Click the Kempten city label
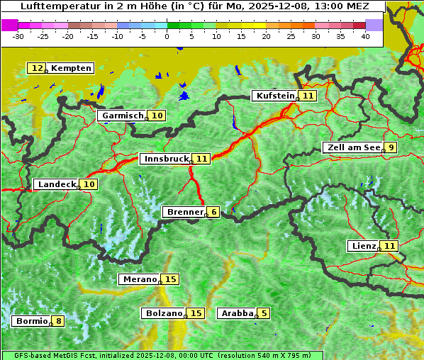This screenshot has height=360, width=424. [x=71, y=68]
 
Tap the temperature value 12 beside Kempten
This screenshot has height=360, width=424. [x=37, y=68]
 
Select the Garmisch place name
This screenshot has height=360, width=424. [x=123, y=116]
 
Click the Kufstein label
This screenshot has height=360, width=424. [x=274, y=96]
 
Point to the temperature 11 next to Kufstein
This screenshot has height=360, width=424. [x=308, y=96]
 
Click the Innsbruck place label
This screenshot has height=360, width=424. [x=164, y=159]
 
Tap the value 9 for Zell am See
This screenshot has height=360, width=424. [x=391, y=147]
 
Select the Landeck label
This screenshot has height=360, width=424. [x=56, y=184]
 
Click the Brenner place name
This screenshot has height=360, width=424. [x=184, y=212]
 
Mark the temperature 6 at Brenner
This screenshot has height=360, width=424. [x=213, y=212]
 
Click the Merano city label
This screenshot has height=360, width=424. [x=138, y=279]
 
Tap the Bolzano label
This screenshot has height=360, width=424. [x=164, y=313]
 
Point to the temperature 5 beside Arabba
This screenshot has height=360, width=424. [x=264, y=313]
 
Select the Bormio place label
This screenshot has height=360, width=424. [x=31, y=321]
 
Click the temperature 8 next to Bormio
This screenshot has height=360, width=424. [x=58, y=321]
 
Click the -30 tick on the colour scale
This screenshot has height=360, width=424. [x=18, y=35]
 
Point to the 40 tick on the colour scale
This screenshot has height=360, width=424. [x=365, y=35]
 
